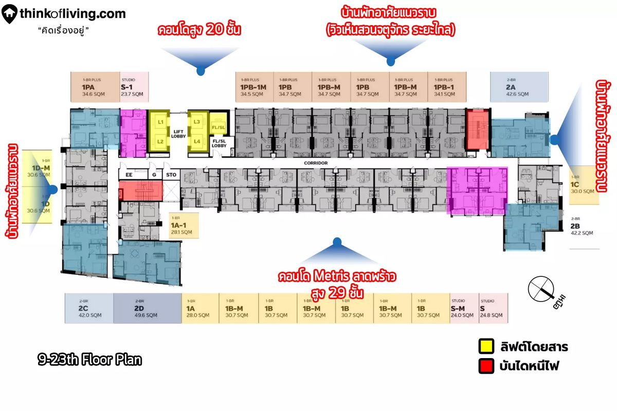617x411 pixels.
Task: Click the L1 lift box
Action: (x=160, y=121)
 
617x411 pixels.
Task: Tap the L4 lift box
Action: (x=197, y=141)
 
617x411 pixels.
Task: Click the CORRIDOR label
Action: (x=316, y=163)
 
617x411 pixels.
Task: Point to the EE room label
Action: (x=129, y=175)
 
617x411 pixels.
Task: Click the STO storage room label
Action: (x=171, y=175)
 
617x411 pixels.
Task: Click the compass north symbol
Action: (x=543, y=286)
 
